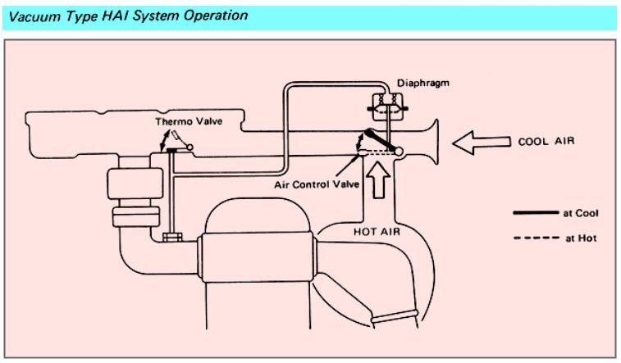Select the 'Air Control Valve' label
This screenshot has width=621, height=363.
pyautogui.click(x=317, y=184)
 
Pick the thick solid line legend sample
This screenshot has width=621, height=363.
pyautogui.click(x=534, y=213)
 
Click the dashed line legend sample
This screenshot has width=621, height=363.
pyautogui.click(x=534, y=238)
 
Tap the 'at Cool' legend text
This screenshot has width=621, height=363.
pyautogui.click(x=581, y=213)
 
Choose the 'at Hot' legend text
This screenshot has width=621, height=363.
pyautogui.click(x=579, y=238)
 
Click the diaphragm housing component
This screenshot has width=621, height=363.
pyautogui.click(x=384, y=105)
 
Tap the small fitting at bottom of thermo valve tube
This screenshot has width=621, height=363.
pyautogui.click(x=171, y=238)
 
